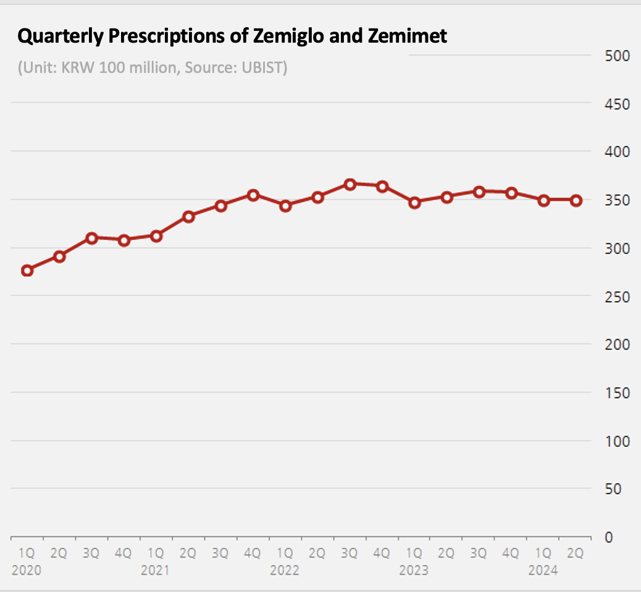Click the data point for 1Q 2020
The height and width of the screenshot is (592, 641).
pos(27,270)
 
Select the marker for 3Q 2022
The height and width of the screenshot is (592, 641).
pos(350,184)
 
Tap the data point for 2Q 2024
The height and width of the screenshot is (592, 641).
pos(576,200)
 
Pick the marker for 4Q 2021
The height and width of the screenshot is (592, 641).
pos(253,195)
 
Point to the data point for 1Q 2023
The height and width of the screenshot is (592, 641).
pos(414,202)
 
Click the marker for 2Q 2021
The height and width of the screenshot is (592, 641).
pos(189,216)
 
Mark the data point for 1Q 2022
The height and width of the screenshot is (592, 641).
pos(285,206)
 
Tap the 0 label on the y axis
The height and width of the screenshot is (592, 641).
pos(608,537)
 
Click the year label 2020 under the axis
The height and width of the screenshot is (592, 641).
pos(26,570)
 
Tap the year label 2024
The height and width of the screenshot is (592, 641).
pos(543,570)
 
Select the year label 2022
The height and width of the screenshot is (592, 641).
pos(285,570)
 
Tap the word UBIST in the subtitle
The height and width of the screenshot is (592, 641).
pos(264,67)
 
